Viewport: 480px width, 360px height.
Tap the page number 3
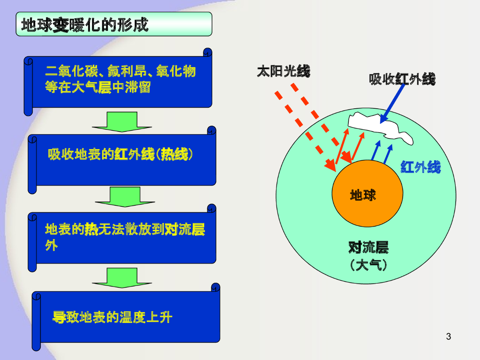(x=449, y=336)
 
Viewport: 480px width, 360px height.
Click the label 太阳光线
(x=283, y=71)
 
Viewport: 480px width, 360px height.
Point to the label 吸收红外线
(x=402, y=79)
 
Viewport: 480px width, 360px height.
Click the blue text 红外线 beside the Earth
(x=420, y=167)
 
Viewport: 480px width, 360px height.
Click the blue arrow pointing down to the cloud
(x=393, y=103)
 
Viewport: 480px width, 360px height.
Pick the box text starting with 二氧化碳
(x=120, y=80)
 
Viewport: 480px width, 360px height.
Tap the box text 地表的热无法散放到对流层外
(x=125, y=237)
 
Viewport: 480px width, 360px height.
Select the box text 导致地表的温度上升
(x=112, y=318)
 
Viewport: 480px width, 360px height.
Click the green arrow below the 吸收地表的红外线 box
(x=125, y=197)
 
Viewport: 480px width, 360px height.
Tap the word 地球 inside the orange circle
(x=363, y=195)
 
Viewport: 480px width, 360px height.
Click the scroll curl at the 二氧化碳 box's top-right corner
(x=208, y=52)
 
